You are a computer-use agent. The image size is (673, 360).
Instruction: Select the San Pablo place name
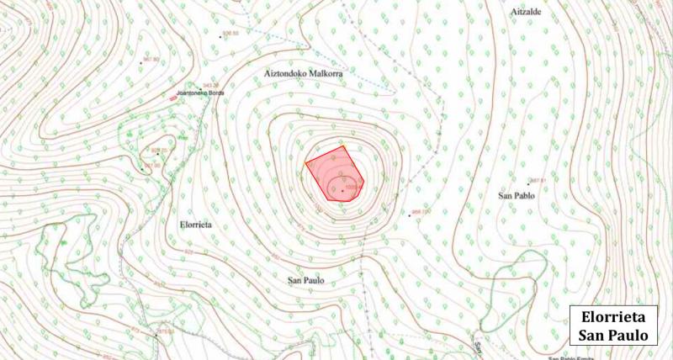pyautogui.click(x=517, y=196)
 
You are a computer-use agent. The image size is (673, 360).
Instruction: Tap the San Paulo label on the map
pyautogui.click(x=306, y=280)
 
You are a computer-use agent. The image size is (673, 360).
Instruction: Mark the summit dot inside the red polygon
pyautogui.click(x=342, y=191)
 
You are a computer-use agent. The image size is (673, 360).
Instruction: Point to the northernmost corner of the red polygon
pyautogui.click(x=346, y=146)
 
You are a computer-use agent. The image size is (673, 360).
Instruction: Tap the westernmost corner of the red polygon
pyautogui.click(x=305, y=160)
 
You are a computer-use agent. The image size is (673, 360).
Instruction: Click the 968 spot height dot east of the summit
pyautogui.click(x=410, y=215)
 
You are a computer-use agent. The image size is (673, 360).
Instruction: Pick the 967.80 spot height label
pyautogui.click(x=151, y=59)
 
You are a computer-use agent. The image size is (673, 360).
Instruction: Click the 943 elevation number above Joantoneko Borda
pyautogui.click(x=208, y=84)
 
